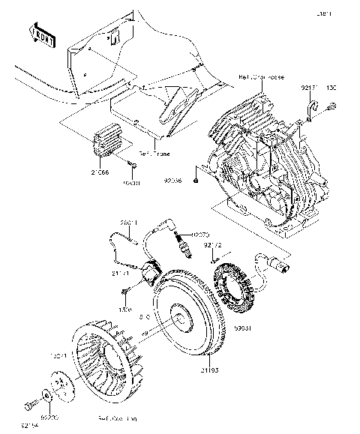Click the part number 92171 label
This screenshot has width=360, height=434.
(309, 88)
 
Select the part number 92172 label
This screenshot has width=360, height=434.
(212, 245)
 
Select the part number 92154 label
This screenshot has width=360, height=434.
(29, 426)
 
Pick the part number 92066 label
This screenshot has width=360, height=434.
(173, 181)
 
